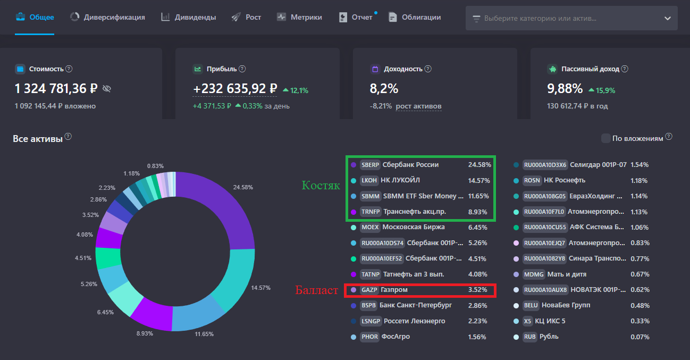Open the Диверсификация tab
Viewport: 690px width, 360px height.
[x=107, y=17]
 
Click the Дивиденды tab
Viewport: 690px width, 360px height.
[x=189, y=17]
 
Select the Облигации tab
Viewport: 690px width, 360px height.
[x=415, y=17]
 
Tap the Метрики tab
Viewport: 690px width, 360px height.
[x=299, y=17]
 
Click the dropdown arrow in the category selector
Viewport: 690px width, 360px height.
[x=667, y=19]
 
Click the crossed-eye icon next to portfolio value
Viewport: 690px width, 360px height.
[x=106, y=89]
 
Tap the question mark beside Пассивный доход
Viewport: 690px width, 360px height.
[x=625, y=69]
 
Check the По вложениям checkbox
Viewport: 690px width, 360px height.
[x=605, y=138]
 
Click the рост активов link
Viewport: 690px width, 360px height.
[x=418, y=106]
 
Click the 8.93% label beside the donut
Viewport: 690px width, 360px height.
[x=145, y=333]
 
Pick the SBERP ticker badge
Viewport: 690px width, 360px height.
[x=370, y=165]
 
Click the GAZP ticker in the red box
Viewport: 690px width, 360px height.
[x=369, y=290]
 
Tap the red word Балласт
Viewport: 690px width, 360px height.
[x=317, y=290]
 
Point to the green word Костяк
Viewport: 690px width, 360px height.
[x=321, y=185]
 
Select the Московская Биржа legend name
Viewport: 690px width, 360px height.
[x=414, y=227]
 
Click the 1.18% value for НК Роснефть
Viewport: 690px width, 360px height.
[x=639, y=181]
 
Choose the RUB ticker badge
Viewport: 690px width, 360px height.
[x=530, y=337]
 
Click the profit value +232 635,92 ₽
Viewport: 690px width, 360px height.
[x=235, y=89]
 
